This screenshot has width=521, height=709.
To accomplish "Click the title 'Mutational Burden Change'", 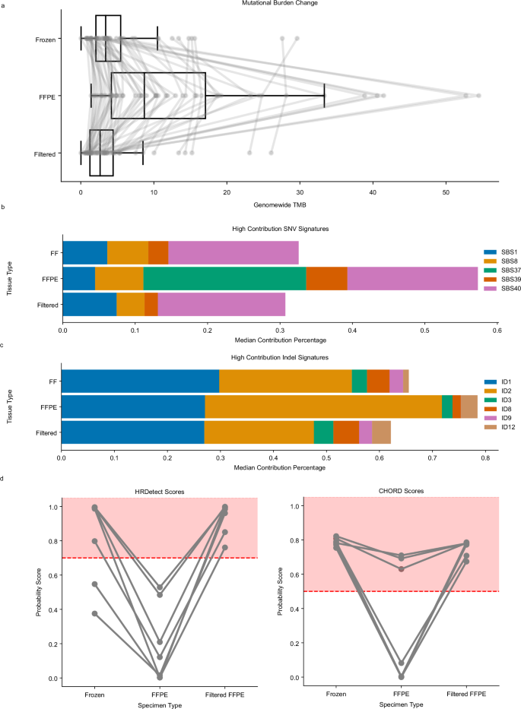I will point(279,4).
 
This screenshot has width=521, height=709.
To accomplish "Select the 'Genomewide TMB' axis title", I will point(279,204).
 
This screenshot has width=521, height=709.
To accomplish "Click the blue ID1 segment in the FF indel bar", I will point(140,380).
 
